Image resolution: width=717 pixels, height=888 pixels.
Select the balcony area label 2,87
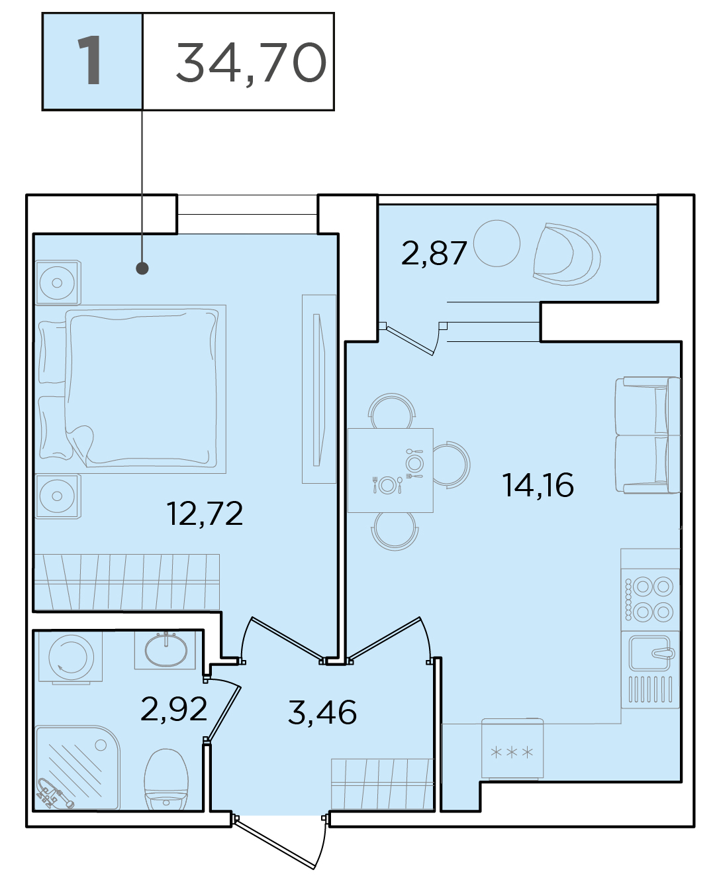(x=434, y=253)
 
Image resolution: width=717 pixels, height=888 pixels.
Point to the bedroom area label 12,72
(x=205, y=514)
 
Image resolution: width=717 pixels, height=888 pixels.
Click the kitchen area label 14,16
(x=538, y=485)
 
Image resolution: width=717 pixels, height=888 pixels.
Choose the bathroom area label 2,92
(x=173, y=709)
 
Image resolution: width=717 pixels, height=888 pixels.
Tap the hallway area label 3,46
(x=322, y=712)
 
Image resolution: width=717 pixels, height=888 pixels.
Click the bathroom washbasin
(x=166, y=650)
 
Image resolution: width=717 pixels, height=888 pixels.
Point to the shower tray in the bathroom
(x=77, y=767)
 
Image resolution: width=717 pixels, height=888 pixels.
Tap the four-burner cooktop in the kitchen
(x=650, y=600)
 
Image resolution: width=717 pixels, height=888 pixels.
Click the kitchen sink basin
(x=650, y=653)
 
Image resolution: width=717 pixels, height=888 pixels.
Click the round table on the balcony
(x=497, y=243)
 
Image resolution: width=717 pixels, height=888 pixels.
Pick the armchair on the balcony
(x=567, y=254)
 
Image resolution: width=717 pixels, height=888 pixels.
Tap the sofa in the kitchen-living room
(x=648, y=435)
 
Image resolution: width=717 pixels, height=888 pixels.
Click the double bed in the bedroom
(x=132, y=388)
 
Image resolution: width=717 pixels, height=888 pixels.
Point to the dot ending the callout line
(x=142, y=268)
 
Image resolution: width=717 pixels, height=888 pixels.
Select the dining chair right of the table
(x=452, y=465)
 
